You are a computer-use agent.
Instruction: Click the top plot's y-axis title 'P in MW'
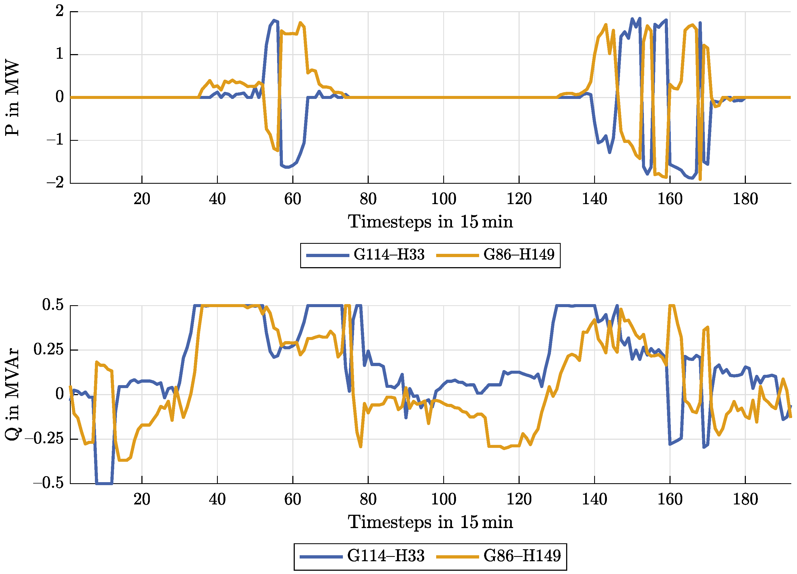[12, 98]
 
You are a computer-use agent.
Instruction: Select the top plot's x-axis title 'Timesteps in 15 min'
[430, 222]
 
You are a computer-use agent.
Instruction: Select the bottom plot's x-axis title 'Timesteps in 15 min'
[430, 522]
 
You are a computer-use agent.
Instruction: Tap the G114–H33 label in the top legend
[389, 255]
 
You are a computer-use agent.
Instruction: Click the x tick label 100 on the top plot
[444, 199]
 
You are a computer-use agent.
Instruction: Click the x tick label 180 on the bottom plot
[745, 500]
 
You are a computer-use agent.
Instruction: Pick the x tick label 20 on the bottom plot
[142, 500]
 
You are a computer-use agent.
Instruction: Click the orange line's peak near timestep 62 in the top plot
[300, 23]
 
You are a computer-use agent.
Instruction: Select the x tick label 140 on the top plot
[594, 199]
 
